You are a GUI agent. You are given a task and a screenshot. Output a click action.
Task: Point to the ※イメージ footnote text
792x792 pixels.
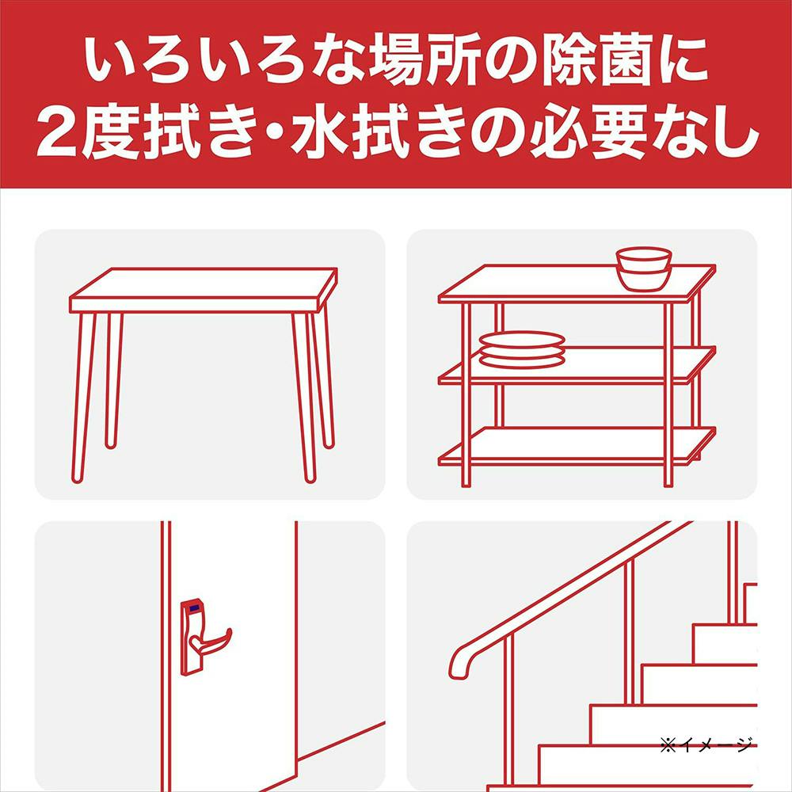pos(706,744)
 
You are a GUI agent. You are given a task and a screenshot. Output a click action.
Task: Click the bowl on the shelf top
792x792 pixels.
pos(643,269)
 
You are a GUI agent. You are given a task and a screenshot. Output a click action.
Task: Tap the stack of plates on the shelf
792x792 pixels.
pos(521,349)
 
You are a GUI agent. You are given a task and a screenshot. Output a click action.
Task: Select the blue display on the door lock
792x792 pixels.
pos(193,608)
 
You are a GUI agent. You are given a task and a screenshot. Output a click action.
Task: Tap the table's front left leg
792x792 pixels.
pos(83,398)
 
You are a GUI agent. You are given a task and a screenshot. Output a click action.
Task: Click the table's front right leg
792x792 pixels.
pos(303,398)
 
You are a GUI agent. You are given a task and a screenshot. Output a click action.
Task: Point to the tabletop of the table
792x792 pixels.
pos(203,289)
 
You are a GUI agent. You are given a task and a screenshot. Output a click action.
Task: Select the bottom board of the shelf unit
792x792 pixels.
pos(577,445)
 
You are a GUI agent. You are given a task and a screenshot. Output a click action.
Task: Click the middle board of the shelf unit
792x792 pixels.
pos(577,365)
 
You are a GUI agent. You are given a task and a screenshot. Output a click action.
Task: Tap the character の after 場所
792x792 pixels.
pos(509,62)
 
